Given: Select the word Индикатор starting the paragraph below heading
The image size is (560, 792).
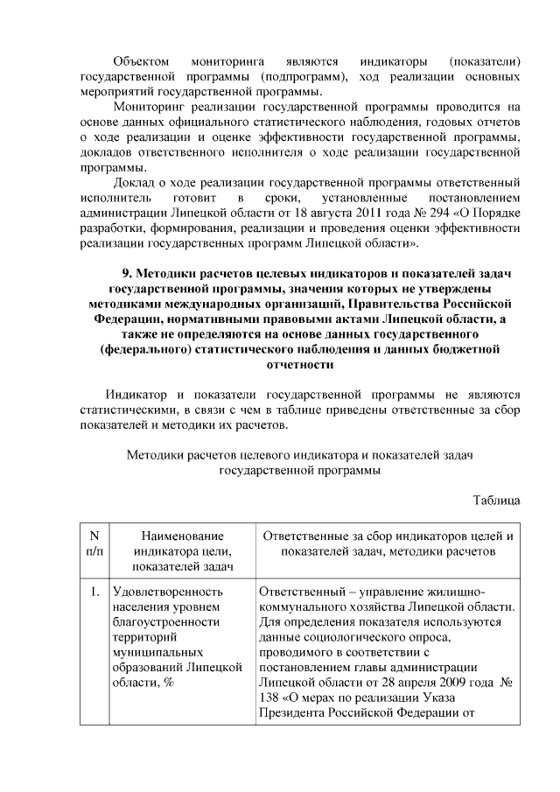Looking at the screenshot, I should (134, 395).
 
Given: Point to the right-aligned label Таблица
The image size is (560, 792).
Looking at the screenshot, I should (496, 500).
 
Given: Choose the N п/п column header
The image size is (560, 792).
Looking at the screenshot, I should (94, 543).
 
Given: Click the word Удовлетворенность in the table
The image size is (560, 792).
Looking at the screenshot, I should (167, 592).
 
